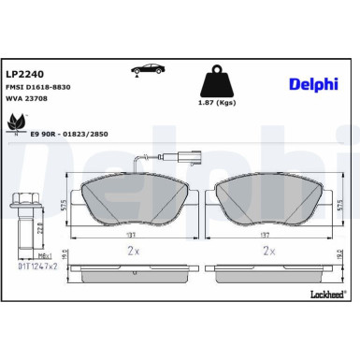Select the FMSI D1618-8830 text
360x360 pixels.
coord(37,86)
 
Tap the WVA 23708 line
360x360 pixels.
coord(28,100)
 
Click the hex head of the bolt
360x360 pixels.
coord(23,199)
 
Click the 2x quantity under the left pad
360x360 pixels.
coord(135,250)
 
